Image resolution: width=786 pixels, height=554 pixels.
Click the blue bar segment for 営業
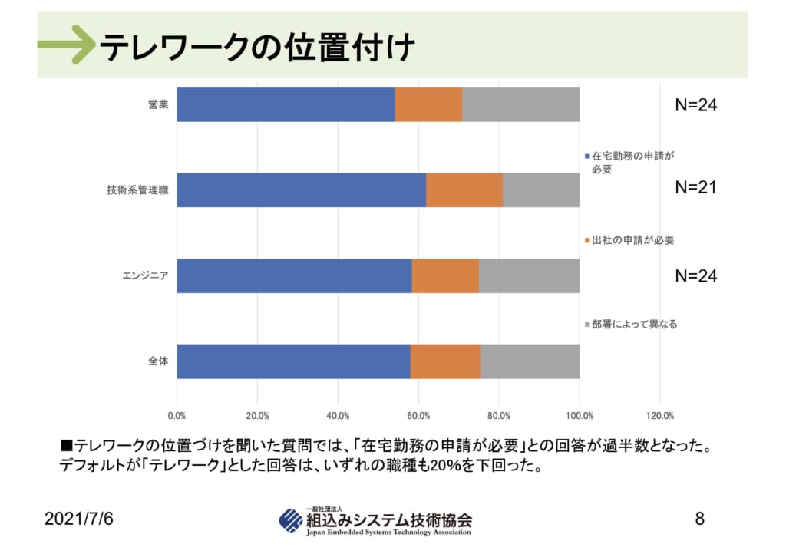coord(286,104)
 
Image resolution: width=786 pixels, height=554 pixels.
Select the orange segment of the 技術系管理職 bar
coord(464,190)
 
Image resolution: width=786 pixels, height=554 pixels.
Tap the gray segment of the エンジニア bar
coord(529,275)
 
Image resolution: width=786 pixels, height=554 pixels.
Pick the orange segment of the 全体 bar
coord(445,361)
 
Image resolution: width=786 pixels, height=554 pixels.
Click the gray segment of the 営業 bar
coord(520,104)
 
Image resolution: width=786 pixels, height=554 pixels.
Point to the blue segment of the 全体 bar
coord(293,361)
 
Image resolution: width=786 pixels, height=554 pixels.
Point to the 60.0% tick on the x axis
coord(418,416)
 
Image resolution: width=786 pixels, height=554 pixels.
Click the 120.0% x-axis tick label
coord(660,416)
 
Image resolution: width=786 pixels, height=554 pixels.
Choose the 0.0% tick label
coord(177,416)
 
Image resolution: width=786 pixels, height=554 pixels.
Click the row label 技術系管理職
coord(137,190)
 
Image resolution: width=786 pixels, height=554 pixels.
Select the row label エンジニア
coord(145,275)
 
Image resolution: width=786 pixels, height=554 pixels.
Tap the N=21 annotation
coord(695,187)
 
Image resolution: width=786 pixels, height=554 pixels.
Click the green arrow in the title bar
coord(65,45)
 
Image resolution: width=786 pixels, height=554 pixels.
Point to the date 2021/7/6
coord(78,519)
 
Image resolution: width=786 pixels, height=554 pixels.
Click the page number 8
coord(699,519)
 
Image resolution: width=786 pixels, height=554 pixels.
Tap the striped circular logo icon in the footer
coord(291,521)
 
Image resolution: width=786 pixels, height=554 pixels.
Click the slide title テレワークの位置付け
coord(257,48)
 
